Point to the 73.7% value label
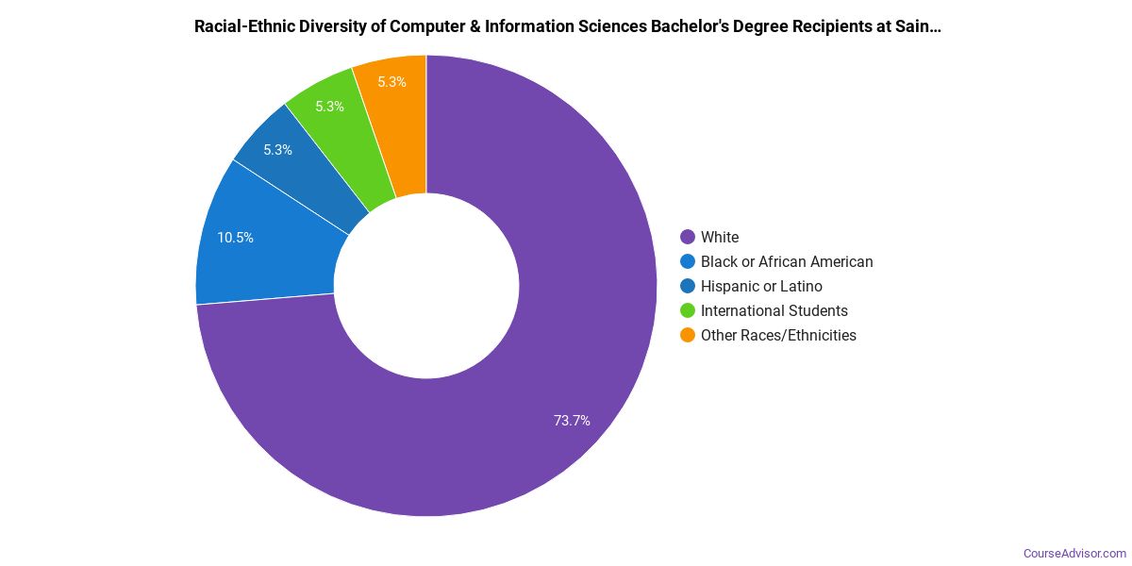coord(572,421)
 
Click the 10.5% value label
coord(235,238)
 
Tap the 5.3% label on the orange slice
coord(391,82)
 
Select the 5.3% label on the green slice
coord(329,107)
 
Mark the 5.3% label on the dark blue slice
coord(277,150)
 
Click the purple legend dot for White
coord(687,237)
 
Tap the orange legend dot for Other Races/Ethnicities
coord(687,335)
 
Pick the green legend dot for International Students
coord(687,310)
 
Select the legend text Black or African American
coord(787,261)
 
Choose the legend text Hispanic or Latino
coord(761,286)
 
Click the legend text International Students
coord(774,310)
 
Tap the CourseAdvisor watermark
coord(1074,553)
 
